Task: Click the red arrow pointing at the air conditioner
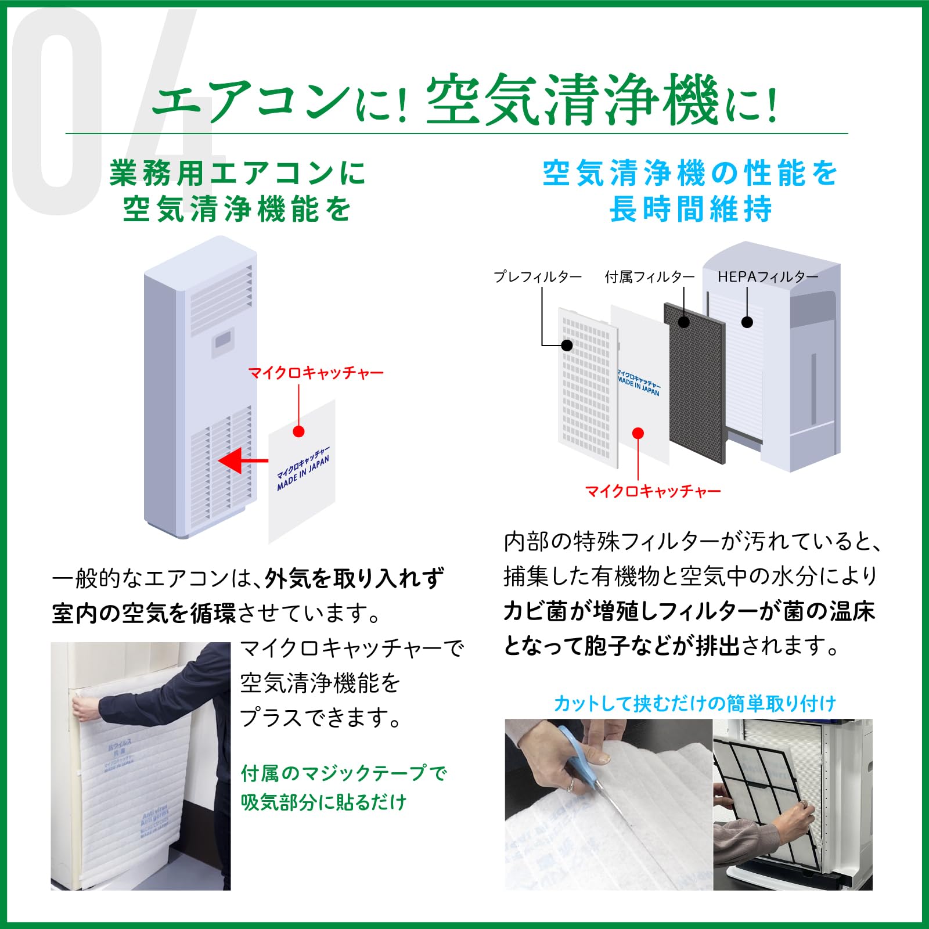point(241,461)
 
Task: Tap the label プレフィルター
point(537,277)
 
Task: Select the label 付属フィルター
point(649,277)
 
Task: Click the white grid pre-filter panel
point(586,389)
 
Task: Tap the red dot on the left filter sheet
point(298,431)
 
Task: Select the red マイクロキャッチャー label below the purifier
point(653,492)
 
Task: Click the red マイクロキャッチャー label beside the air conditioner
point(316,373)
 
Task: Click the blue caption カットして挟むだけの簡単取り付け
point(694,704)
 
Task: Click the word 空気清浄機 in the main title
point(572,100)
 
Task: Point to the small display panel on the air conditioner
point(223,339)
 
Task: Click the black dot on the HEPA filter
point(747,322)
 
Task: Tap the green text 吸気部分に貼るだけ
point(323,802)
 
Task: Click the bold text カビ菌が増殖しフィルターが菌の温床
point(689,611)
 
